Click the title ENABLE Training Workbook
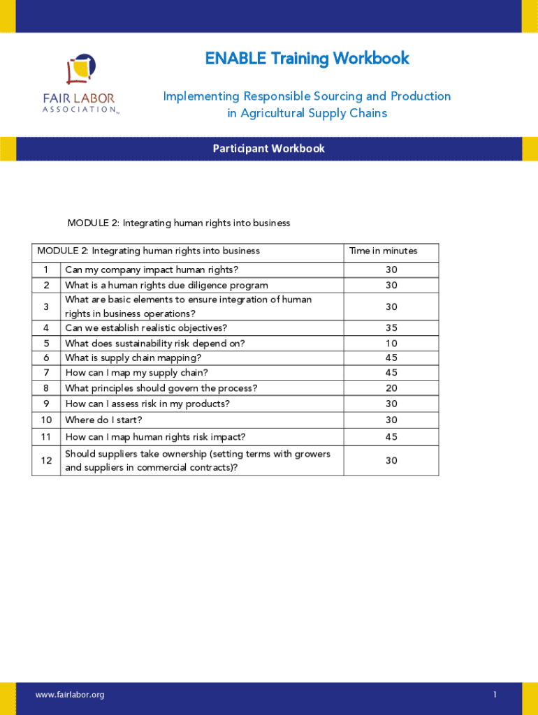307,58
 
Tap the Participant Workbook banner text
269,149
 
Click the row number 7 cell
46,373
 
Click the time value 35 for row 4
391,328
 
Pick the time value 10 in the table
391,344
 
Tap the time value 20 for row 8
391,388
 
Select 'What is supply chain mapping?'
133,358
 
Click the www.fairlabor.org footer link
70,695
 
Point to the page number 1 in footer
494,695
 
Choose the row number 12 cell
46,461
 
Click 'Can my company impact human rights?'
152,270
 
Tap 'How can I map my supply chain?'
136,373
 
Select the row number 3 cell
46,307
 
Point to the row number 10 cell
46,420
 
